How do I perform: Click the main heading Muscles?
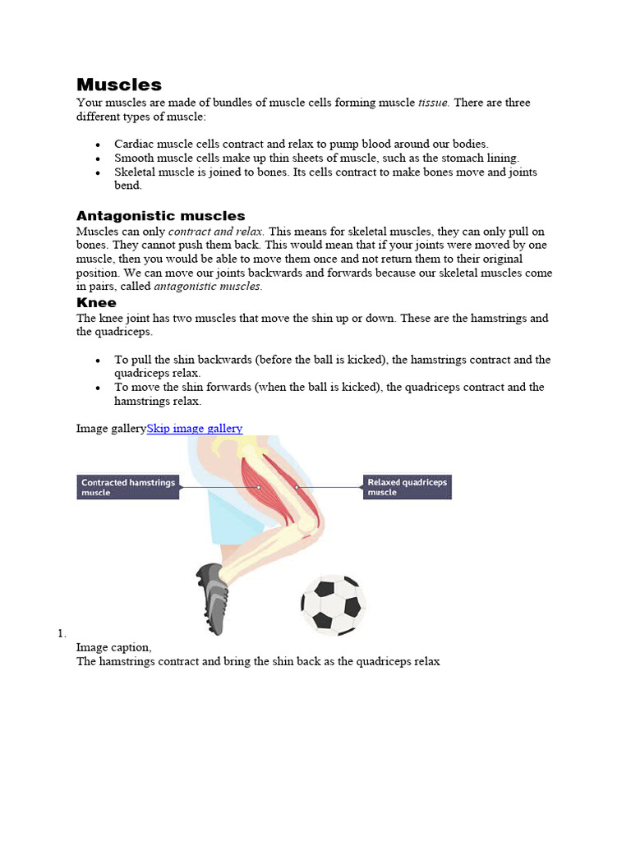pos(119,85)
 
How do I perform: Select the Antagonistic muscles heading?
pos(160,216)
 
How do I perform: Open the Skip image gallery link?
pos(195,428)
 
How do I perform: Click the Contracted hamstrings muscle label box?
pos(128,487)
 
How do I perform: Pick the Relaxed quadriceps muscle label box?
pos(407,487)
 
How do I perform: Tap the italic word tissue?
pos(433,103)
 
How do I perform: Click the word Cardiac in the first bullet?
pos(133,144)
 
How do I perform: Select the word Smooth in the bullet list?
pos(133,158)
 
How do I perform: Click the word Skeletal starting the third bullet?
pos(136,172)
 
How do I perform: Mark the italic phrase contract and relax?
pos(216,232)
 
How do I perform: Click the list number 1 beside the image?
pos(61,633)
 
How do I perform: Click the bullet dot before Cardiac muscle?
pos(98,145)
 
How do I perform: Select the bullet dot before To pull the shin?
pos(98,361)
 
